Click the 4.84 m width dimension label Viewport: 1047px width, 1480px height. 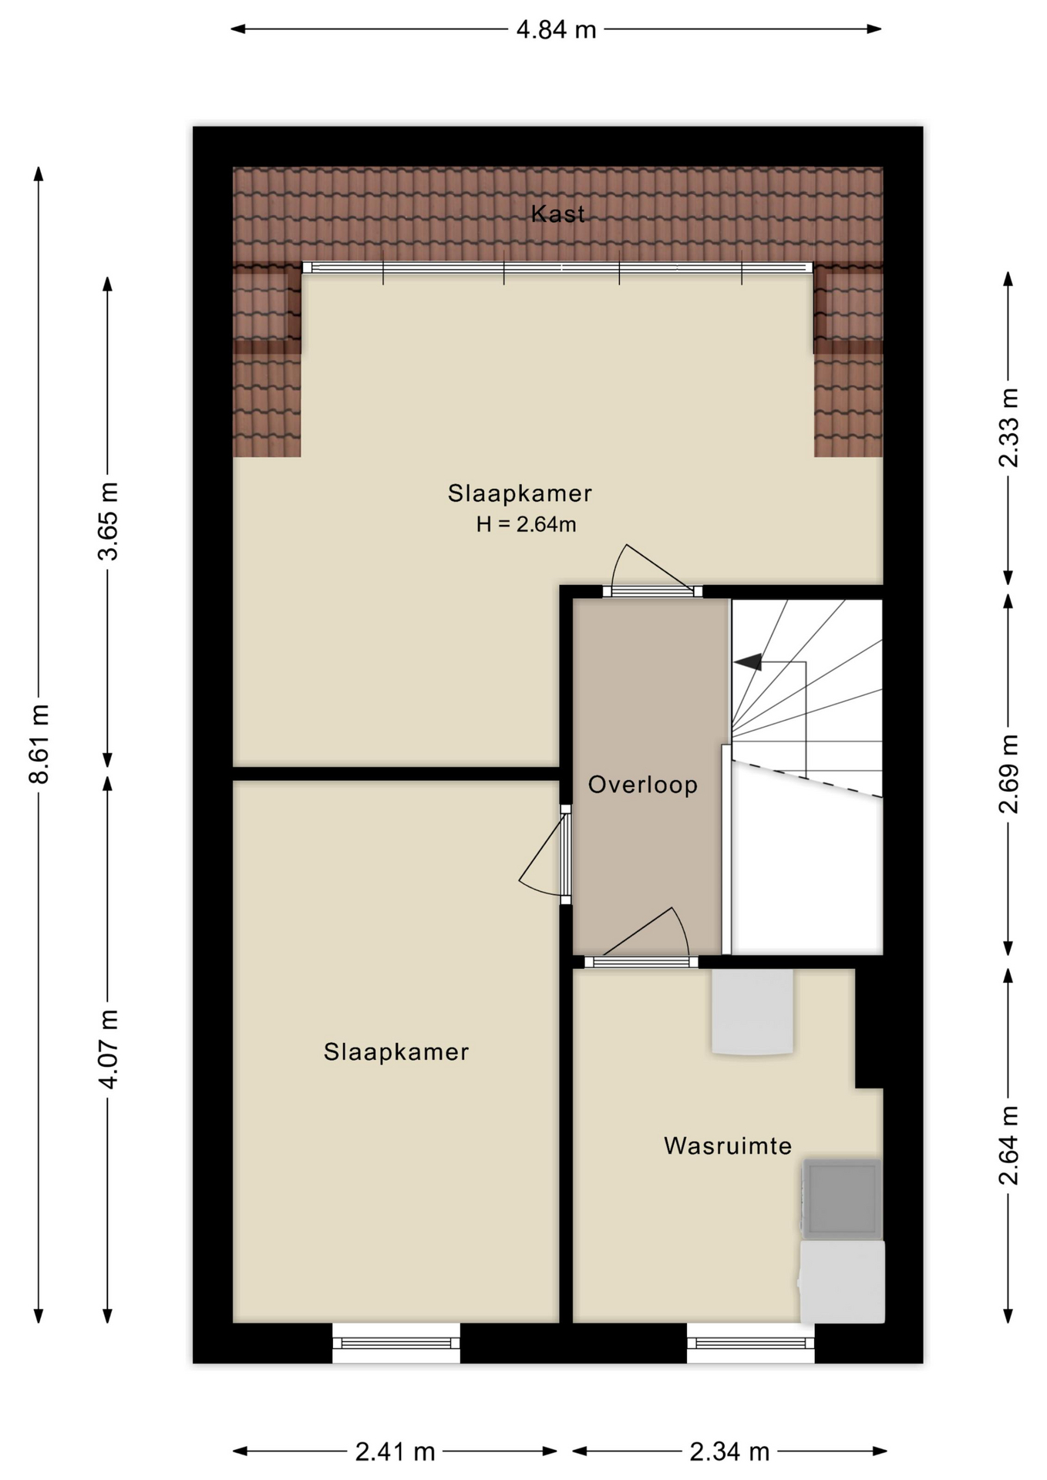pyautogui.click(x=556, y=30)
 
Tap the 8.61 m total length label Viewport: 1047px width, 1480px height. pyautogui.click(x=39, y=744)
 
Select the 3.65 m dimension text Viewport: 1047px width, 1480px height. pyautogui.click(x=108, y=521)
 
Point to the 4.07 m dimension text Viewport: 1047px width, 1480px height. pyautogui.click(x=108, y=1048)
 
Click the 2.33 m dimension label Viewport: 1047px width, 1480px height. pyautogui.click(x=1008, y=428)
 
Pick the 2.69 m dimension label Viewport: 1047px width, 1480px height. pyautogui.click(x=1008, y=774)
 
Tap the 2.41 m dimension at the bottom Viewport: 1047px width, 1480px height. pyautogui.click(x=395, y=1452)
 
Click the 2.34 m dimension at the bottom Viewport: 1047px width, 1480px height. pyautogui.click(x=729, y=1452)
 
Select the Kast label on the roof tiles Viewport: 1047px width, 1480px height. pyautogui.click(x=557, y=214)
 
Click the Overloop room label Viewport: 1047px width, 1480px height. pyautogui.click(x=643, y=785)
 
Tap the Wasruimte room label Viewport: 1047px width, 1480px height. pyautogui.click(x=728, y=1145)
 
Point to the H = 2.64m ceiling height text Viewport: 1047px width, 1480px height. pyautogui.click(x=526, y=524)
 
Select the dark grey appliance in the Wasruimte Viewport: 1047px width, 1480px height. pyautogui.click(x=842, y=1198)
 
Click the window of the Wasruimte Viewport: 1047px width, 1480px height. pyautogui.click(x=751, y=1343)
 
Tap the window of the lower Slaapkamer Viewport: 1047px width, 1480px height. pyautogui.click(x=396, y=1343)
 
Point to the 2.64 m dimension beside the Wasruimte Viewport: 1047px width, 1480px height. pyautogui.click(x=1008, y=1145)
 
